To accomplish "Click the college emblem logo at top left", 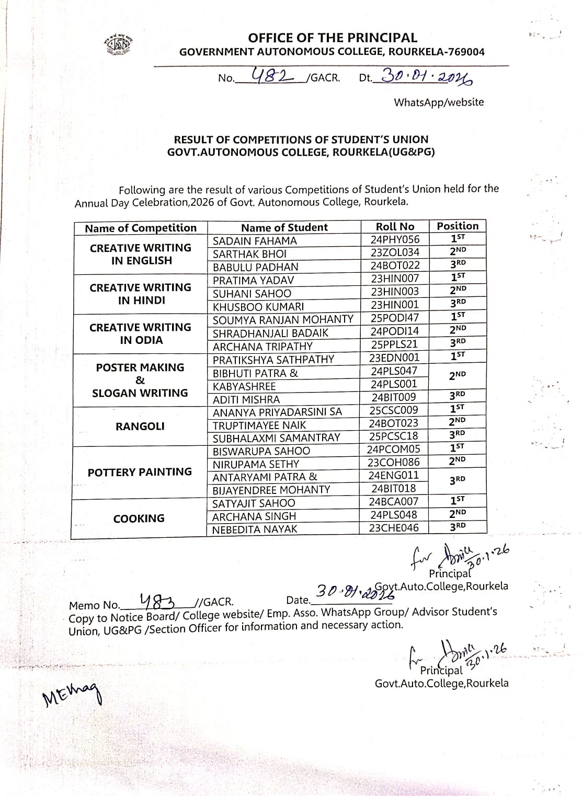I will point(118,45).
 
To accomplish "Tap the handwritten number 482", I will point(272,76).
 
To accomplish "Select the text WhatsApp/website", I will point(439,102).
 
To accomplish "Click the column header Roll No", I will point(395,226).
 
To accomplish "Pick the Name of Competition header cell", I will point(141,228).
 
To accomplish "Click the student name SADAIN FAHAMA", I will point(255,241).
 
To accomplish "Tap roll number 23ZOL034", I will point(395,252).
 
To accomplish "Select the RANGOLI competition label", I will point(140,426).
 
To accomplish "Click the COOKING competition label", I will point(139,518).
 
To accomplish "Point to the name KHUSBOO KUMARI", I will point(258,307).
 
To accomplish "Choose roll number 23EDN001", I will point(394,357).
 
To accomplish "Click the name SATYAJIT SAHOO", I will point(254,503).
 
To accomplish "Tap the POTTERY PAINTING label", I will point(140,472).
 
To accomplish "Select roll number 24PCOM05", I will point(393,449).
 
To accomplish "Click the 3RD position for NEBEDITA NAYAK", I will point(458,526).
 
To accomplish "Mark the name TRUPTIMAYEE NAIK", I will point(259,425).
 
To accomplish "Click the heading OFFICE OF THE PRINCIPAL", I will point(333,38).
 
